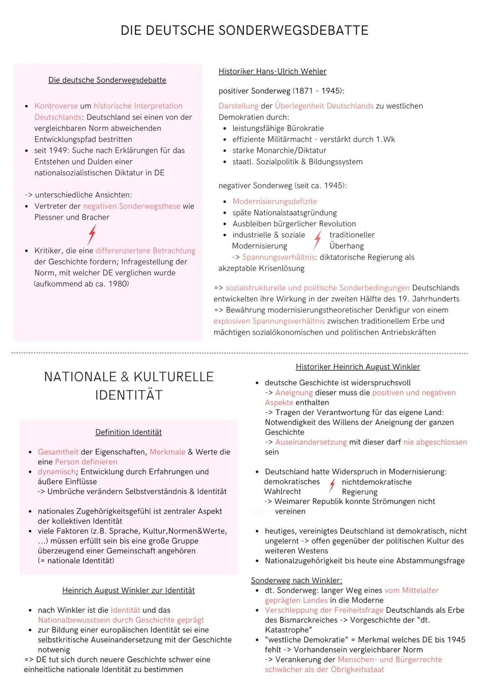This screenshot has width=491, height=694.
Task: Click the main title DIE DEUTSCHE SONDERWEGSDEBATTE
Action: (245, 30)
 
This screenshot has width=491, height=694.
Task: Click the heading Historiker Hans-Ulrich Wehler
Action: (272, 71)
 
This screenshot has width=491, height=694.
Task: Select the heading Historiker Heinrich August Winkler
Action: (358, 367)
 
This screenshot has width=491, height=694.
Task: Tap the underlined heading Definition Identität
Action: (128, 432)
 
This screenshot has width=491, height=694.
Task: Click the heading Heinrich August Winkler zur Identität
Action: (128, 590)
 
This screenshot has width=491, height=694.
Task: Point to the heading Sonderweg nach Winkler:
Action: (296, 580)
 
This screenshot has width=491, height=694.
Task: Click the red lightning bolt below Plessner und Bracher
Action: (92, 235)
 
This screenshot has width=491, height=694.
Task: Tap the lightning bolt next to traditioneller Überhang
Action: (318, 240)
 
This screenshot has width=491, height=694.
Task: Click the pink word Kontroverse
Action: (56, 106)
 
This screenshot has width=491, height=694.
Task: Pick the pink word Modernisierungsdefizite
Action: (275, 201)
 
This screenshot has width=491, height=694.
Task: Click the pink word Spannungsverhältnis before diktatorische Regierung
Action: (278, 257)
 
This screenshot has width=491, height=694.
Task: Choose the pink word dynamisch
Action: (56, 472)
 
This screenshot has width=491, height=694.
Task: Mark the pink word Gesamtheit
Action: (58, 452)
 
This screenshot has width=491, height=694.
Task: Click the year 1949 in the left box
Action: (58, 150)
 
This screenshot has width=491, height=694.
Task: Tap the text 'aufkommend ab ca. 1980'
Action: (81, 284)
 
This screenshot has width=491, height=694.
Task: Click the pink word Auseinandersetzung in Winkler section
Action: (311, 442)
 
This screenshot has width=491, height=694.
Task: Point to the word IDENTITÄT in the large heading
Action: (129, 395)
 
